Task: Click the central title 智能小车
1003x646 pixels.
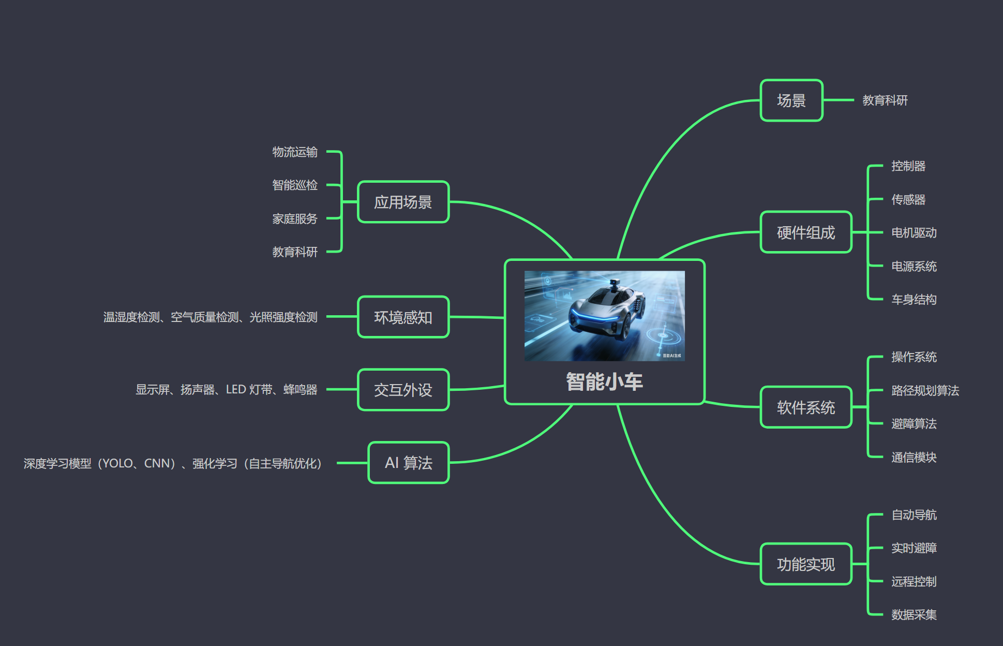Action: tap(604, 382)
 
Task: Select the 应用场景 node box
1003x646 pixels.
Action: tap(403, 202)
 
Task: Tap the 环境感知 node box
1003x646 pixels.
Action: tap(403, 317)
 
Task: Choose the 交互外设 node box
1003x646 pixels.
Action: tap(403, 390)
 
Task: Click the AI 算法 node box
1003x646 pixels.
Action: tap(408, 463)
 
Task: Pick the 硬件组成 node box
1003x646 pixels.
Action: tap(805, 232)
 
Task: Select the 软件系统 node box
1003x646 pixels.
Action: tap(805, 407)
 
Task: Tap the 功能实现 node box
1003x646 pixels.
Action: tap(805, 564)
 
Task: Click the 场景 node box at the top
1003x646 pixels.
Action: tap(791, 100)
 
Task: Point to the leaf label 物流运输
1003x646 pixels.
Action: tap(295, 152)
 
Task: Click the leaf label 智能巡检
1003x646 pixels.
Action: tap(295, 185)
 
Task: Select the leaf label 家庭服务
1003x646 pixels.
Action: tap(295, 218)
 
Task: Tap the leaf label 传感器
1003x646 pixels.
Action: tap(908, 199)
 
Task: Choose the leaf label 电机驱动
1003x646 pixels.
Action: tap(914, 233)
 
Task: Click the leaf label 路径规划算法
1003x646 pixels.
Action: tap(925, 390)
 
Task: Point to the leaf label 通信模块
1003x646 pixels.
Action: tap(914, 457)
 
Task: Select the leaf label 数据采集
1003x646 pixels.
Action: tap(914, 614)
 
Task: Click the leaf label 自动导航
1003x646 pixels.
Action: tap(914, 515)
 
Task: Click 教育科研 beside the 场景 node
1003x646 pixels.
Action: tap(885, 100)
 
